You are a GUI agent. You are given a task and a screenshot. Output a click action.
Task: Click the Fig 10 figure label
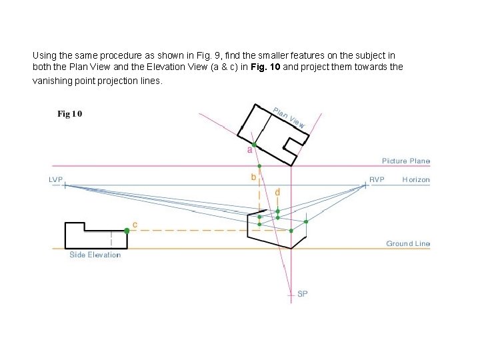(x=70, y=114)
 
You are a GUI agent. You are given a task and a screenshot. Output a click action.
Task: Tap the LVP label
(x=57, y=179)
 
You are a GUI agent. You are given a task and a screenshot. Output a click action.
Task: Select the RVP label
(x=377, y=179)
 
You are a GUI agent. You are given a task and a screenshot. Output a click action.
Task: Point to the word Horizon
(x=416, y=180)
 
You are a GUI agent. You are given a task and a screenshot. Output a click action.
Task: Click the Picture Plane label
(x=406, y=161)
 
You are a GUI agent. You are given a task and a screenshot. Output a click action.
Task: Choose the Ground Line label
(x=408, y=244)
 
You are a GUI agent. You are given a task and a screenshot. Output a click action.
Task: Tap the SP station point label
(x=303, y=294)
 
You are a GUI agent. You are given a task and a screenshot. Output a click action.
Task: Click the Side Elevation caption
(x=95, y=255)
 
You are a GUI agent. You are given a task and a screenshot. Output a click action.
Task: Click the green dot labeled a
(x=254, y=144)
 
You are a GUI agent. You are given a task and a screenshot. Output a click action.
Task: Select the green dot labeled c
(x=127, y=231)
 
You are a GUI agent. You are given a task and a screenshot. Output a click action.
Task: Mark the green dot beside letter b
(x=260, y=166)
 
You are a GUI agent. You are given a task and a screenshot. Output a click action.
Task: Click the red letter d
(x=277, y=192)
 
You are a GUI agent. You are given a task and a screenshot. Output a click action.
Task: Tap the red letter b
(x=253, y=177)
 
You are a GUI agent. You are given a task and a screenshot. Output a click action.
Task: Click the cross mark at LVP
(x=65, y=185)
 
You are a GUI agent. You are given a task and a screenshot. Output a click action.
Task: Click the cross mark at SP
(x=291, y=293)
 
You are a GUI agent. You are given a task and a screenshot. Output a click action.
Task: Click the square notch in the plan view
(x=291, y=144)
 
